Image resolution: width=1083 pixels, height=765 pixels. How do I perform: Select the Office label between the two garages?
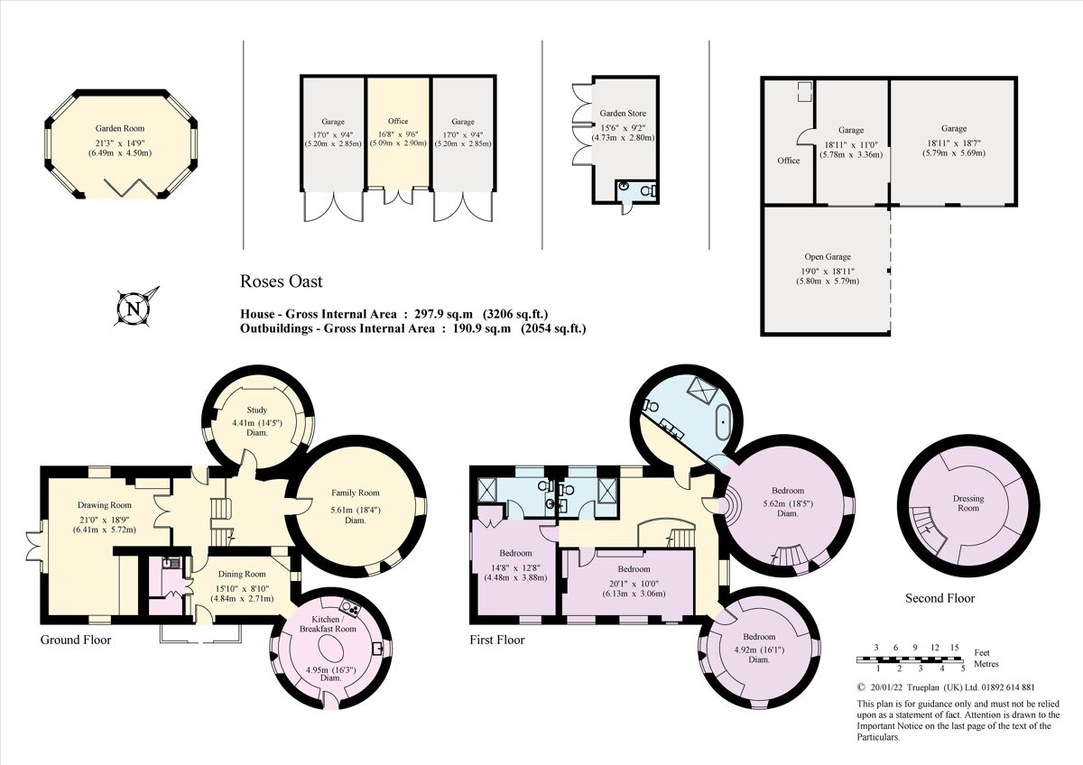pos(398,121)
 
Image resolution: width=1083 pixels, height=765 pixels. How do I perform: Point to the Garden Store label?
pos(623,114)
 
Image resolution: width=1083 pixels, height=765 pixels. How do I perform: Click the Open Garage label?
pos(828,257)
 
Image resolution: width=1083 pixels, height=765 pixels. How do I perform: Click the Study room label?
pos(257,410)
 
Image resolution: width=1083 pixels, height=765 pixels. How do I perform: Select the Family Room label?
pos(356,493)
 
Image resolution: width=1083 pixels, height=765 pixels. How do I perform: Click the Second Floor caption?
pos(940,598)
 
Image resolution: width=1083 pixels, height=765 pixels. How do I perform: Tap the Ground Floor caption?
pos(76,640)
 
